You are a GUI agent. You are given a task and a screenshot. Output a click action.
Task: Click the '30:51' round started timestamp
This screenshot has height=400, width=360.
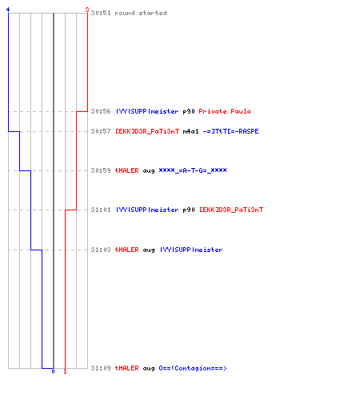coord(101,13)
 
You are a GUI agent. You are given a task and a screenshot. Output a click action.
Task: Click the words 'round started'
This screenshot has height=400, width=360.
coord(141,13)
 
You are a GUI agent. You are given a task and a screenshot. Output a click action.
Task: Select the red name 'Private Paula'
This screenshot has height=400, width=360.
coord(225,111)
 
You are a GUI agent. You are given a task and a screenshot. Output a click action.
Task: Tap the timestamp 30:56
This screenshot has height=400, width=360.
coord(101,111)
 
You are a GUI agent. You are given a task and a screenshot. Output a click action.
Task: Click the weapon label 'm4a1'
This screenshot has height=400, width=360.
coord(191,131)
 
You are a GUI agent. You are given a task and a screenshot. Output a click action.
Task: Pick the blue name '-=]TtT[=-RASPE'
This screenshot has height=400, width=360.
coord(230,131)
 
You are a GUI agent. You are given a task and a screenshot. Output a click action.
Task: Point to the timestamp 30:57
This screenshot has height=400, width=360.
coord(101,131)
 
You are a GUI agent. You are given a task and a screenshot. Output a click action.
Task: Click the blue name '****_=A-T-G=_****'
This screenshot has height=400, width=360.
coord(193,170)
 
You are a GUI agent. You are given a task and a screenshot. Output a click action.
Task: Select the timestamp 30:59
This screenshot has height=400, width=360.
coord(101,170)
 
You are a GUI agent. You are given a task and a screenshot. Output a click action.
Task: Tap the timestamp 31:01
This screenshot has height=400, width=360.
coord(101,210)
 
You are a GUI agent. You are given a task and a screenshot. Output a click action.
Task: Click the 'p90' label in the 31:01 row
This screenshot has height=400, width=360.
coord(189,210)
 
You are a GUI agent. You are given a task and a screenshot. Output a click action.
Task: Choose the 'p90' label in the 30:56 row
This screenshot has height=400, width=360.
coord(189,112)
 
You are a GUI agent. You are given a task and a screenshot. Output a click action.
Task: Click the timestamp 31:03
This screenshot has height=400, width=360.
coord(101,250)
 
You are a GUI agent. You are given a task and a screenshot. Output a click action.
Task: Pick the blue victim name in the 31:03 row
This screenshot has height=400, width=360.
coord(191,250)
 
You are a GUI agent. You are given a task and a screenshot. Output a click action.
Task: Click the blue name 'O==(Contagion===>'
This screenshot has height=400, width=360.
coord(193,368)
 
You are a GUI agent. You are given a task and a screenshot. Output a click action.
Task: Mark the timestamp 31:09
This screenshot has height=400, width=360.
coord(101,368)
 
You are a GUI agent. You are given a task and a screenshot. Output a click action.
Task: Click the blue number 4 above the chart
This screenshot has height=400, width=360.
coord(8,10)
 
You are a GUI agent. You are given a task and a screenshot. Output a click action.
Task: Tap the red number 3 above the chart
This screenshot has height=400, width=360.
coord(87,10)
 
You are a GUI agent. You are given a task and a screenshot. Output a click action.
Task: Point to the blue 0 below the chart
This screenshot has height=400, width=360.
coord(53,371)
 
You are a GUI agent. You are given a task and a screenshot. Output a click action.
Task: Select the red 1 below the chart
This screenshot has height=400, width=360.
coord(65,371)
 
